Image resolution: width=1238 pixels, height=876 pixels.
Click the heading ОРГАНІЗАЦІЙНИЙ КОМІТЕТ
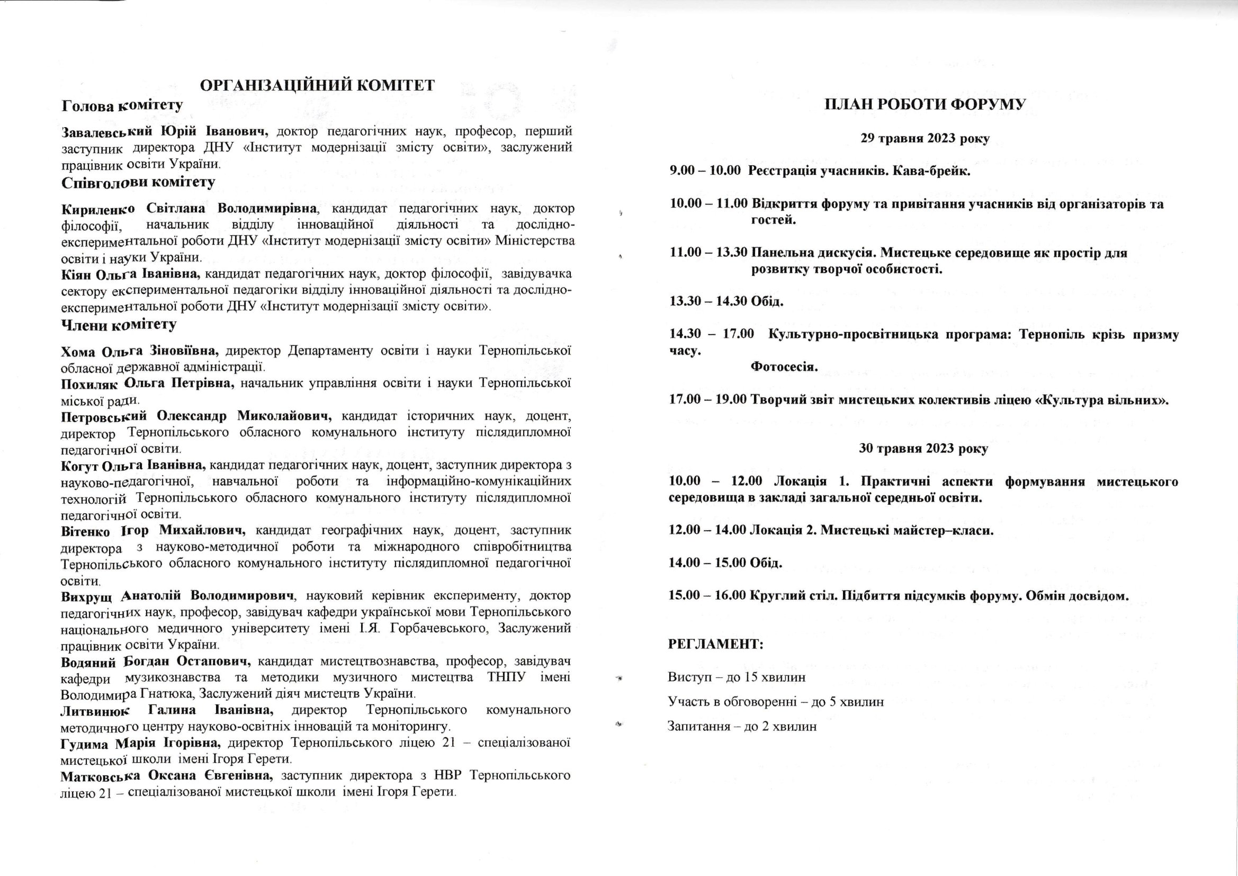pos(317,86)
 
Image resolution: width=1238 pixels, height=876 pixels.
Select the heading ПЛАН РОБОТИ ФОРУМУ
pos(925,105)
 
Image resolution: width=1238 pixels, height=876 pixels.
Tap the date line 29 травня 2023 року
pos(925,138)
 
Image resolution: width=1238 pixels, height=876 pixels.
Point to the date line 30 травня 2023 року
pos(923,448)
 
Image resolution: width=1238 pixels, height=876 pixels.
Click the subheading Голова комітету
pos(122,105)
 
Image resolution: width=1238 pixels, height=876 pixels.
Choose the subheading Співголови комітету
pos(138,182)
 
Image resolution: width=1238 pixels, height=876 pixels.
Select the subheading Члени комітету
pos(119,325)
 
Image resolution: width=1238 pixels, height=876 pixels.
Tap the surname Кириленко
pos(98,209)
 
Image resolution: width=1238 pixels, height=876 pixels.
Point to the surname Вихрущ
pos(86,596)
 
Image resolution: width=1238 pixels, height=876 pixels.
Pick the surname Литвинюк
pos(95,711)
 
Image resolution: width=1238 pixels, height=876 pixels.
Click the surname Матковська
pos(100,777)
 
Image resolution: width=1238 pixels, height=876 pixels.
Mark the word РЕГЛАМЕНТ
pos(715,644)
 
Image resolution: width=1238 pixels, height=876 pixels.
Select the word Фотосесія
pos(784,368)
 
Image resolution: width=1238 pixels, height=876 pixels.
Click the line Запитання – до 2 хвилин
pos(742,727)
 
